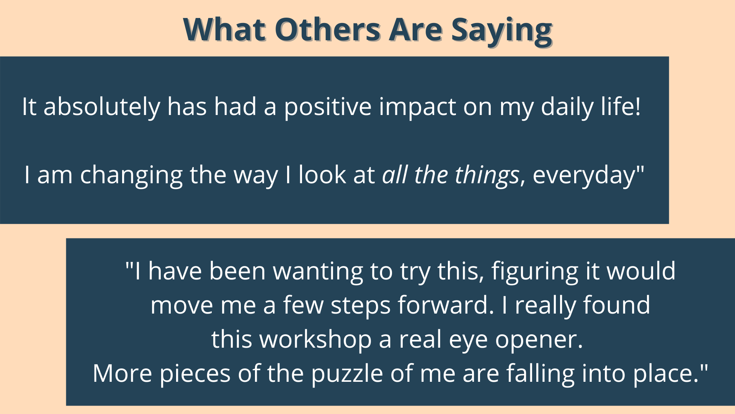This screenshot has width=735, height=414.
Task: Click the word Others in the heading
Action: point(327,30)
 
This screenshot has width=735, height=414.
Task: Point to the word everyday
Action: point(583,176)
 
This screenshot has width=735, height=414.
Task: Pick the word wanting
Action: point(318,272)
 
